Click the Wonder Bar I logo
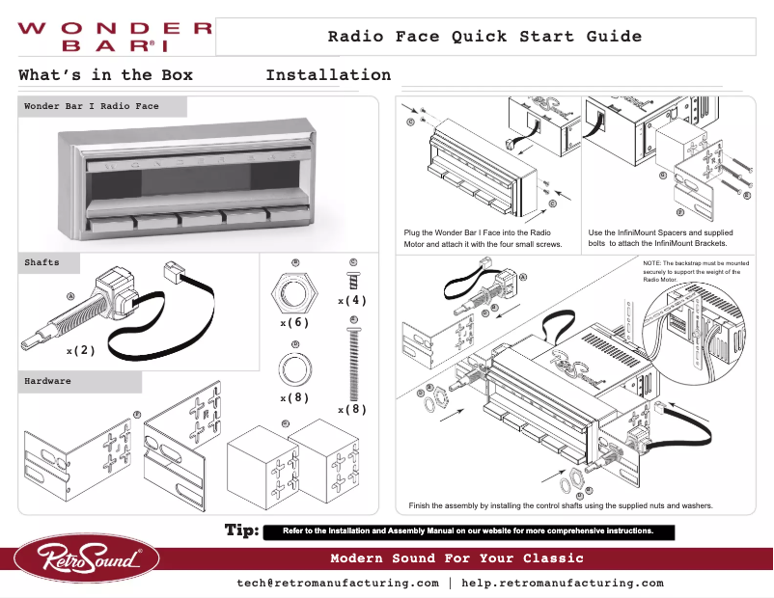[x=114, y=37]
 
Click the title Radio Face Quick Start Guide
[x=484, y=37]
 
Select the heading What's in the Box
[x=105, y=75]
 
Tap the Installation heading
[x=328, y=75]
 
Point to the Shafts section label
[x=41, y=262]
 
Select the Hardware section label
[x=47, y=382]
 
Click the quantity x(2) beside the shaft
[x=80, y=351]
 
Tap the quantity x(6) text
[x=294, y=322]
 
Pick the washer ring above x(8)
[x=294, y=367]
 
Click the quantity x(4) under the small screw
[x=352, y=301]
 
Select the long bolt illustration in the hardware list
[x=353, y=362]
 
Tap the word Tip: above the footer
[x=240, y=530]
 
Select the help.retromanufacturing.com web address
[x=563, y=584]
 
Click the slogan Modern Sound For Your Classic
[x=456, y=558]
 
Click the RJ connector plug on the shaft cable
[x=178, y=270]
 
